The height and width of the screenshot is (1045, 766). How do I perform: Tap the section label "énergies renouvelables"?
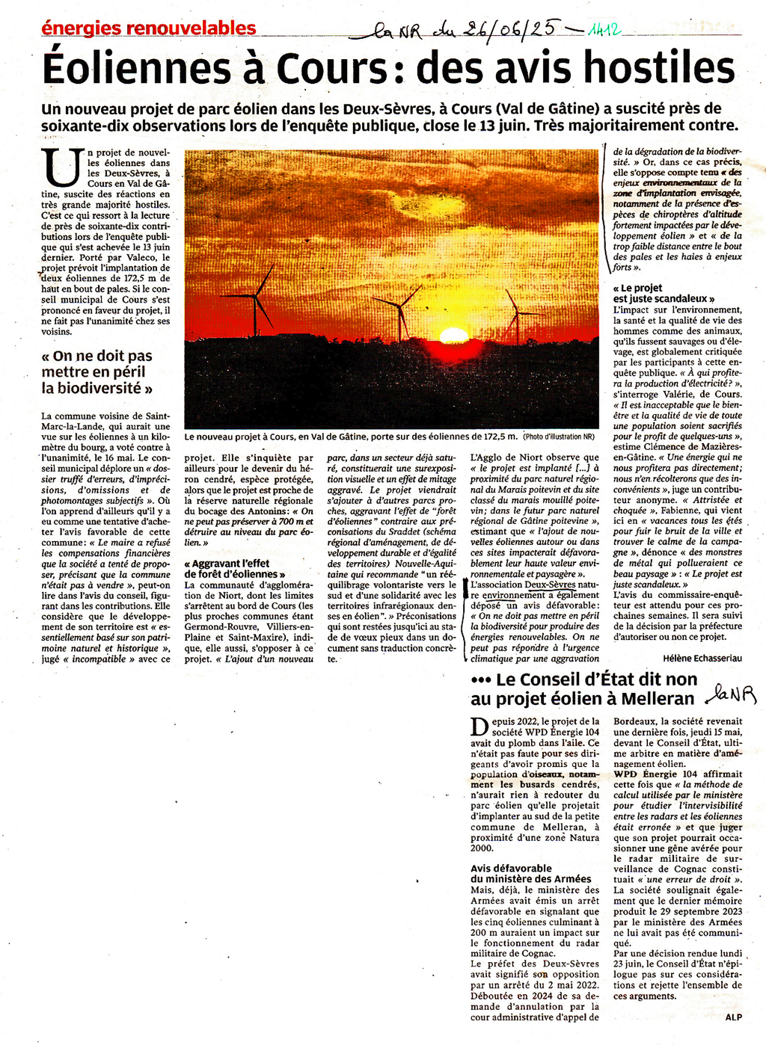coord(149,28)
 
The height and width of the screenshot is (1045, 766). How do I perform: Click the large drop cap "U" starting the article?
coord(62,167)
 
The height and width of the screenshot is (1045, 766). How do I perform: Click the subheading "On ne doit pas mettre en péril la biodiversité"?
coord(97,372)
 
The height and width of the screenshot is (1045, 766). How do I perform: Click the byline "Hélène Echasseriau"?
coord(702,658)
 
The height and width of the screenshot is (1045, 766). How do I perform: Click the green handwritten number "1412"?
coord(604,31)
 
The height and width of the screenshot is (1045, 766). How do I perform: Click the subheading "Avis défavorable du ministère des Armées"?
coord(530,874)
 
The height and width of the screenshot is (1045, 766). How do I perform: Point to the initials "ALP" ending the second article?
coord(733,1017)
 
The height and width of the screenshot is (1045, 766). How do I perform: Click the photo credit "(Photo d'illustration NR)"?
coord(559,437)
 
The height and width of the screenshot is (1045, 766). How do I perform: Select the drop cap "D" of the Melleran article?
coord(480,726)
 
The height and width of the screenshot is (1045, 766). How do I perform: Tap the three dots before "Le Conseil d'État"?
coord(480,680)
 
